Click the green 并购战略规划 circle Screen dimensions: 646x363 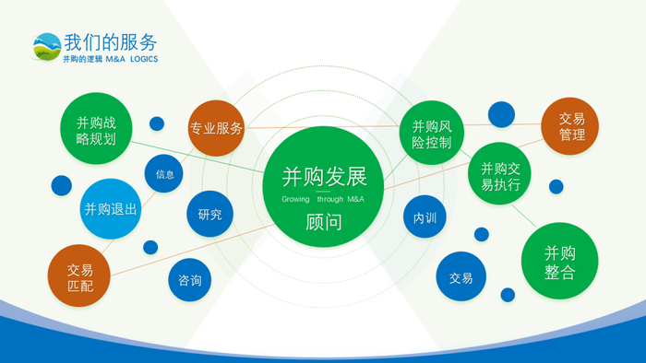coord(96,128)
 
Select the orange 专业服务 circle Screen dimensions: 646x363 coord(216,128)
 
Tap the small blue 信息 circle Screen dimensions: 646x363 coord(164,174)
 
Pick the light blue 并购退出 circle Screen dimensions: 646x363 coord(111,209)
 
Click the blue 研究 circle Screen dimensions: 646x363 coord(210,214)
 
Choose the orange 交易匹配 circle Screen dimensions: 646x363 coord(79,275)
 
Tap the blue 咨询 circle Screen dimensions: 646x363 coord(190,280)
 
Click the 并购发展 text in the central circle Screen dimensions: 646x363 coord(324,177)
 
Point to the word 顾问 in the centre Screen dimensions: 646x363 coord(324,222)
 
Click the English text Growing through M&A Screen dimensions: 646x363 coord(323,199)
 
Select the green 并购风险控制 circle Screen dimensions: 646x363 coord(432,133)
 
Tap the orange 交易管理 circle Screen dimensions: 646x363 coord(570,126)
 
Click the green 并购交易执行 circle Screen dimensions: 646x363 coord(500,173)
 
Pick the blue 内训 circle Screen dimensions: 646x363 coord(425,217)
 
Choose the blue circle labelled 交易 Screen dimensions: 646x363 coord(461,276)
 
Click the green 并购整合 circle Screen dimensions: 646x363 coord(560,261)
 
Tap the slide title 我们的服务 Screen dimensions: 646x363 coord(111,42)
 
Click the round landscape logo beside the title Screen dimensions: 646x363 coord(46,47)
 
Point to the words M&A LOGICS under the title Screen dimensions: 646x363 coord(132,59)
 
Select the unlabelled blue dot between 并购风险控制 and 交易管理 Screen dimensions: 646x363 coord(501,114)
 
